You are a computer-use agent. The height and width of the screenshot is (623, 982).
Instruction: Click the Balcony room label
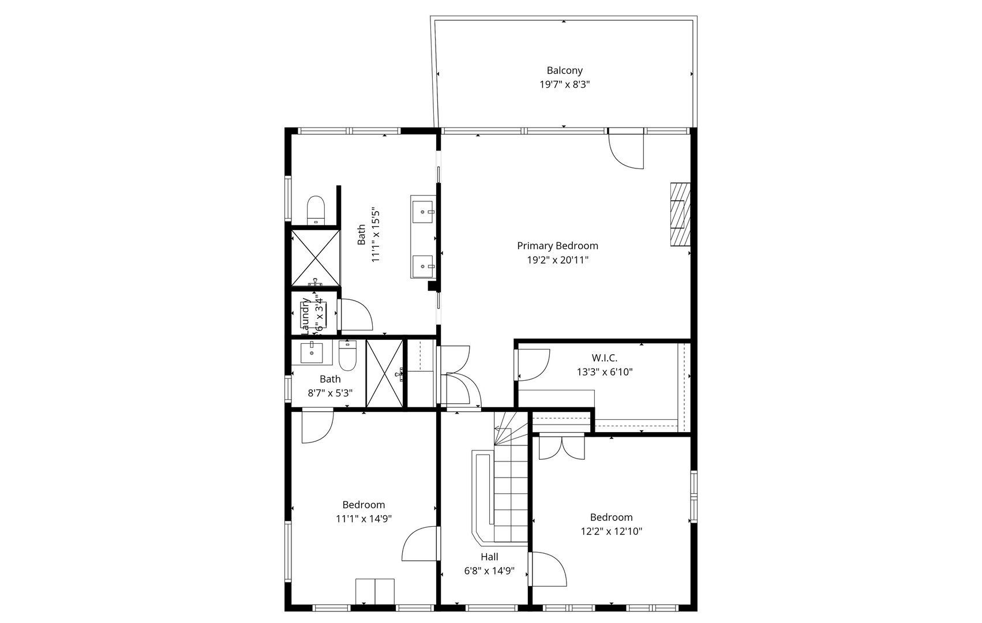(564, 70)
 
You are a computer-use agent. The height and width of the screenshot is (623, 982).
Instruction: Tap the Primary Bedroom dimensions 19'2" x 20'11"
(557, 260)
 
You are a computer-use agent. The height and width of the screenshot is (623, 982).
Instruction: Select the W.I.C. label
(604, 358)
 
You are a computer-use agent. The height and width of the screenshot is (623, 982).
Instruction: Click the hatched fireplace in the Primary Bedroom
(680, 215)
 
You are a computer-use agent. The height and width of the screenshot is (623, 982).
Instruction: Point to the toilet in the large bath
(316, 209)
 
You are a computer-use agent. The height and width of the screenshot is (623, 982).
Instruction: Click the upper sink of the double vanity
(423, 212)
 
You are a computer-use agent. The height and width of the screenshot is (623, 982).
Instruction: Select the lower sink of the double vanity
(423, 266)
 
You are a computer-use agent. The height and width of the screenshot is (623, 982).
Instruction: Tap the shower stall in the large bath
(315, 257)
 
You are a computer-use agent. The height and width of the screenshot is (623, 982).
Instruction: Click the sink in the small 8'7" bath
(312, 352)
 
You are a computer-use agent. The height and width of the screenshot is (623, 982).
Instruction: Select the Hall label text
(489, 557)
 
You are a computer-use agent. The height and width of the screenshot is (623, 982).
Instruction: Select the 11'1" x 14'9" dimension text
(363, 519)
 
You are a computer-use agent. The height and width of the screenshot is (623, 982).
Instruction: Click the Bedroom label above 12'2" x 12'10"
(611, 517)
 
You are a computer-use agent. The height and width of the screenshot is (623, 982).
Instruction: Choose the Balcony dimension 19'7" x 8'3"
(564, 84)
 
